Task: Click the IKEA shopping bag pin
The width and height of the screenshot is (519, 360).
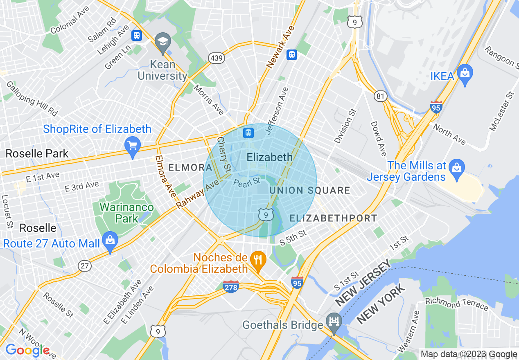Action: pyautogui.click(x=465, y=74)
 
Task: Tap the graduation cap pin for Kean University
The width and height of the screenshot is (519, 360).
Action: pyautogui.click(x=163, y=42)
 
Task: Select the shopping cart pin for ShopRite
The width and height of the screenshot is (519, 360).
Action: pyautogui.click(x=133, y=146)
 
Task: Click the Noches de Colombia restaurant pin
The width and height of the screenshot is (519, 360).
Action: pyautogui.click(x=258, y=260)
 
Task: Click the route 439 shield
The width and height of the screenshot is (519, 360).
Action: pyautogui.click(x=216, y=58)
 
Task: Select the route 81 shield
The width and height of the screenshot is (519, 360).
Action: pyautogui.click(x=380, y=96)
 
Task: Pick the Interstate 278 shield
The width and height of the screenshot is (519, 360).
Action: pyautogui.click(x=231, y=287)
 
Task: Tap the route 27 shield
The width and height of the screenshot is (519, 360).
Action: pyautogui.click(x=85, y=266)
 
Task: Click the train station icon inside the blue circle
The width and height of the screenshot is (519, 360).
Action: pyautogui.click(x=248, y=133)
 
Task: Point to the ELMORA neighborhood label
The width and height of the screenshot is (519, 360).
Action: pyautogui.click(x=190, y=167)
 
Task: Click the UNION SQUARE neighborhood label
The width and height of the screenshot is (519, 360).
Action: pyautogui.click(x=309, y=190)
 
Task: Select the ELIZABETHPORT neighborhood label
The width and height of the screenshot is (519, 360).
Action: pyautogui.click(x=333, y=218)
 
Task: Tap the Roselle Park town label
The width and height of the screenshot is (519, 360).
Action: pyautogui.click(x=37, y=154)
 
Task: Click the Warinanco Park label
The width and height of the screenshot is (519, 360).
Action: pyautogui.click(x=126, y=213)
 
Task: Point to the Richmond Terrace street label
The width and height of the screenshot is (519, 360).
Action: pyautogui.click(x=457, y=304)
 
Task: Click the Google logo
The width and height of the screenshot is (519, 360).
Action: pyautogui.click(x=27, y=350)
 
